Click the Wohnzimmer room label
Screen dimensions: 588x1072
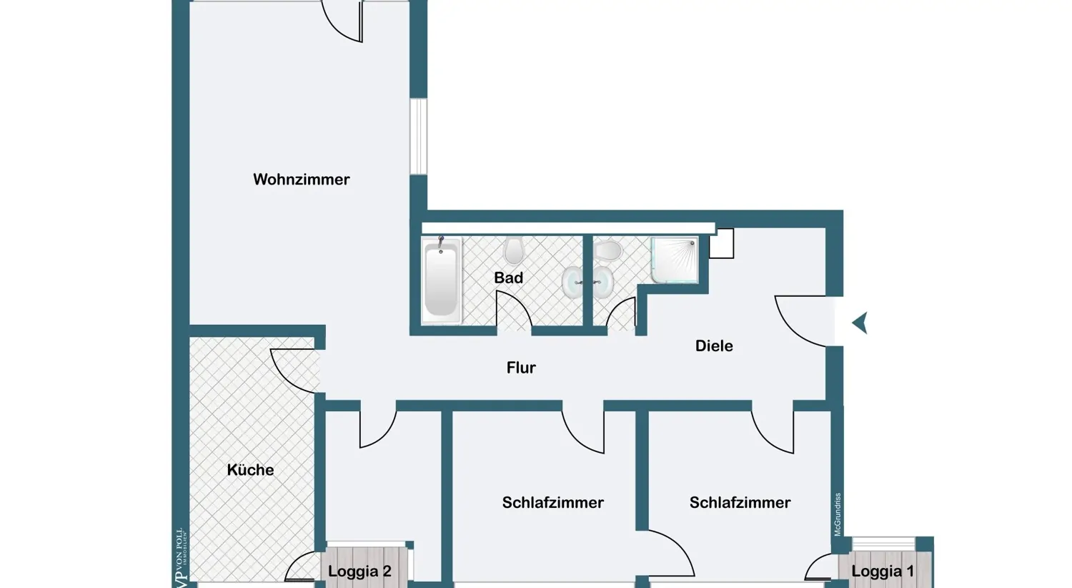pos(301,180)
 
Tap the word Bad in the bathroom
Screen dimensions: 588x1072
pos(508,278)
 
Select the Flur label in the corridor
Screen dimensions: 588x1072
pos(521,368)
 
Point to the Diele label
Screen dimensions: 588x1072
pos(714,346)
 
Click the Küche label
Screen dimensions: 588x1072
pos(250,470)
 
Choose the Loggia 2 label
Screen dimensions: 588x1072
pos(359,572)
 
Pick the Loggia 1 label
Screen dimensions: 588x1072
pos(883,572)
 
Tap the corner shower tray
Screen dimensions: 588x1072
pos(674,260)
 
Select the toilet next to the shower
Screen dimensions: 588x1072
pos(608,251)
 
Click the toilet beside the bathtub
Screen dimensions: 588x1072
pos(513,251)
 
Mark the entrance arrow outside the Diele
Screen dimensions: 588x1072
pos(860,323)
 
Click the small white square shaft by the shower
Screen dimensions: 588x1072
pos(721,244)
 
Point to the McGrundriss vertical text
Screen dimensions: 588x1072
pos(838,514)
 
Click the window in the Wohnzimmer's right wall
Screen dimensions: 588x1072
pos(418,136)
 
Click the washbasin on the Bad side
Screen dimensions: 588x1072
pos(572,283)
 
